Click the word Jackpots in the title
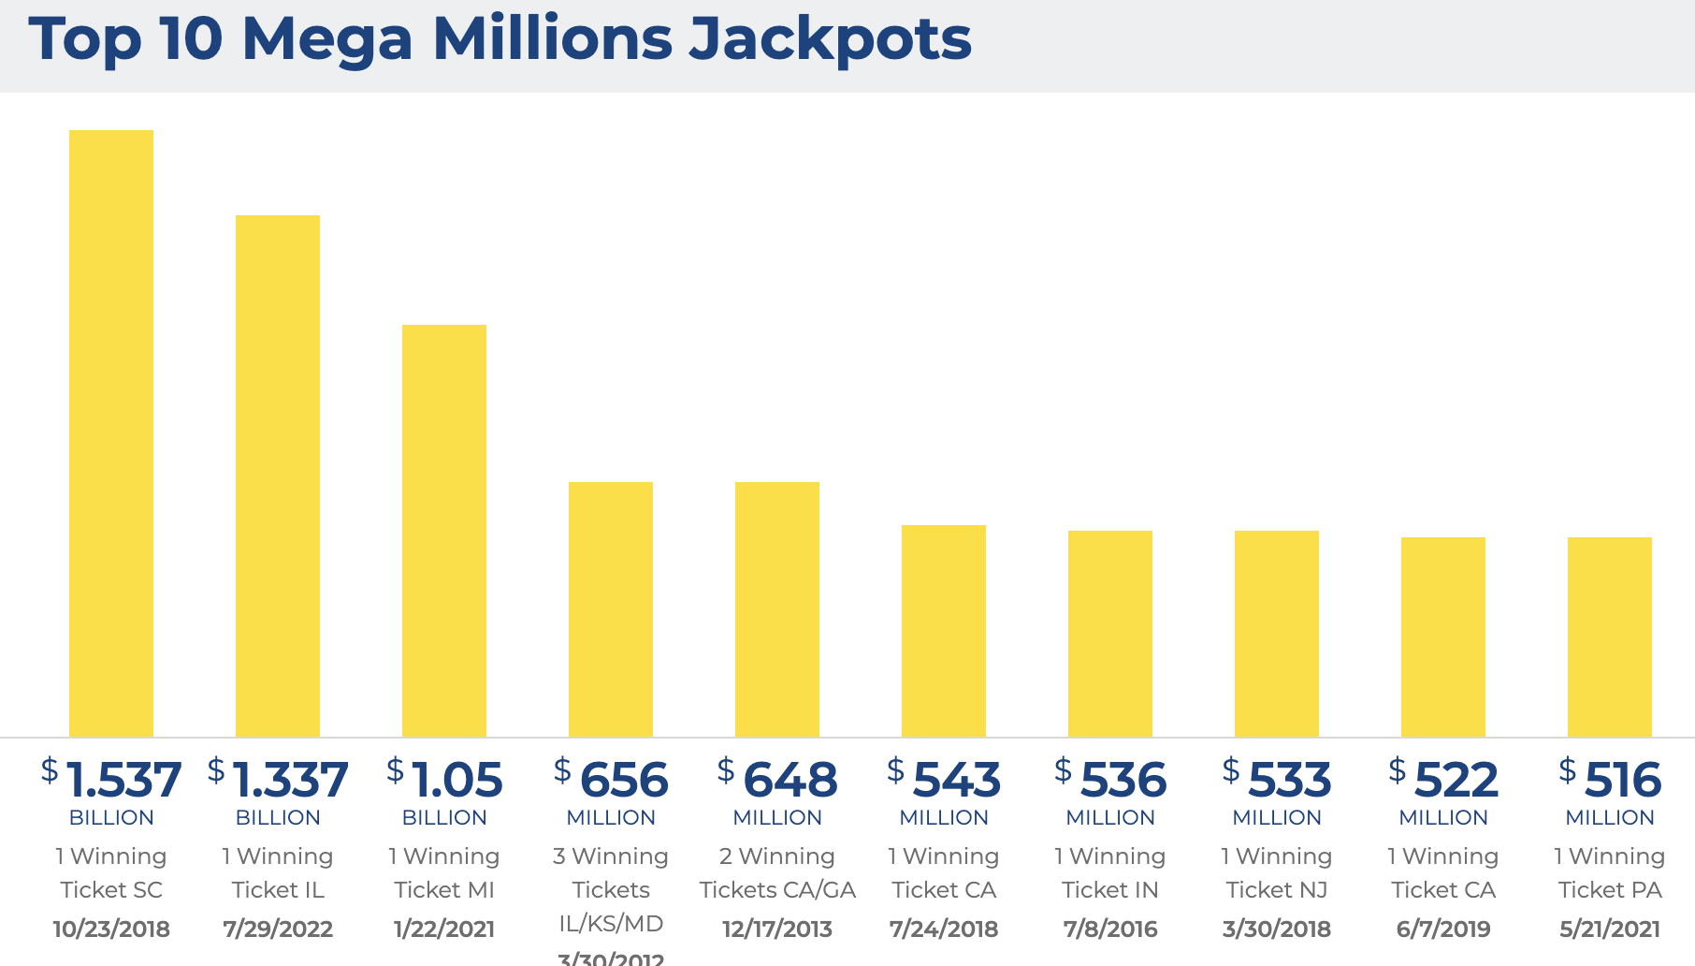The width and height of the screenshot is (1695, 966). (x=830, y=39)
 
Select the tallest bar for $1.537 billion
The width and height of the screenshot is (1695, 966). (x=111, y=432)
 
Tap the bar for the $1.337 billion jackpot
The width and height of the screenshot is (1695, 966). (x=278, y=476)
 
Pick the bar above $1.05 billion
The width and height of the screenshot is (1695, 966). (x=444, y=530)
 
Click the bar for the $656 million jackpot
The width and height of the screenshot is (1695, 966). (x=611, y=608)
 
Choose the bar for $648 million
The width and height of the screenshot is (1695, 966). (x=777, y=608)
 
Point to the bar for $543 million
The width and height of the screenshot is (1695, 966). (x=944, y=630)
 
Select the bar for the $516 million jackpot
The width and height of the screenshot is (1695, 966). (x=1610, y=637)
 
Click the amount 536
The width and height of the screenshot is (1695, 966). (x=1123, y=780)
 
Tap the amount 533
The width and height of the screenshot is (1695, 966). (x=1289, y=780)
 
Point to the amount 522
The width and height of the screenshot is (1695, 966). (x=1456, y=780)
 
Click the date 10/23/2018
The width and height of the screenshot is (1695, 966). (x=111, y=929)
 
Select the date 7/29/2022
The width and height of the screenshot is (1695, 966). (x=278, y=929)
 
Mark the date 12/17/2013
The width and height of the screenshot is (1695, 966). (x=777, y=929)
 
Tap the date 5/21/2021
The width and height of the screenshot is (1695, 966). (x=1610, y=929)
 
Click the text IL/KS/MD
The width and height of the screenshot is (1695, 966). (x=611, y=924)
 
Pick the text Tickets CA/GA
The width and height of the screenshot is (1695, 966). (x=777, y=890)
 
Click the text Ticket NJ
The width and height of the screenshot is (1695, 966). (x=1277, y=890)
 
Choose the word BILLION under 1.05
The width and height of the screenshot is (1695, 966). (x=444, y=817)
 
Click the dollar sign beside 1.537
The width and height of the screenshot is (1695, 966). (x=50, y=770)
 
